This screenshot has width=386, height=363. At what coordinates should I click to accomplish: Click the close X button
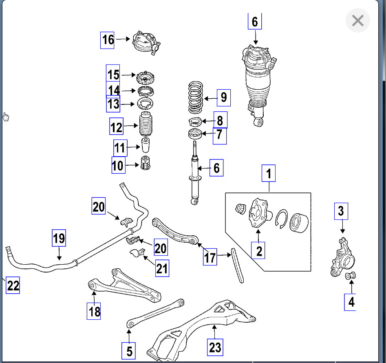pyautogui.click(x=357, y=20)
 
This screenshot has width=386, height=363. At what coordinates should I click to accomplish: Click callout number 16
pyautogui.click(x=108, y=40)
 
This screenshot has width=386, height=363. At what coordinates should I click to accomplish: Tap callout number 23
pyautogui.click(x=215, y=347)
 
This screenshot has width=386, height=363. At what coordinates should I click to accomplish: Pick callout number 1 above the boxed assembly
pyautogui.click(x=269, y=174)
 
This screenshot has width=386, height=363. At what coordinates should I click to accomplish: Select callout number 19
pyautogui.click(x=59, y=238)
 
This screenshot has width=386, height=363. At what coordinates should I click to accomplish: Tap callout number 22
pyautogui.click(x=13, y=285)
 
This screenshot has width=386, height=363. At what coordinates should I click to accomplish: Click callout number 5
pyautogui.click(x=129, y=351)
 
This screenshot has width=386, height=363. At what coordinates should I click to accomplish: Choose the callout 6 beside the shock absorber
pyautogui.click(x=216, y=168)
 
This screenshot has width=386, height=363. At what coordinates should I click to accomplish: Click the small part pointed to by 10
pyautogui.click(x=145, y=164)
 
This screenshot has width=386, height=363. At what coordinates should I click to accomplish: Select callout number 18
pyautogui.click(x=95, y=311)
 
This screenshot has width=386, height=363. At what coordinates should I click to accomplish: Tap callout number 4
pyautogui.click(x=351, y=302)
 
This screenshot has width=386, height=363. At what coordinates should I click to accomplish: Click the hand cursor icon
pyautogui.click(x=6, y=117)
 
